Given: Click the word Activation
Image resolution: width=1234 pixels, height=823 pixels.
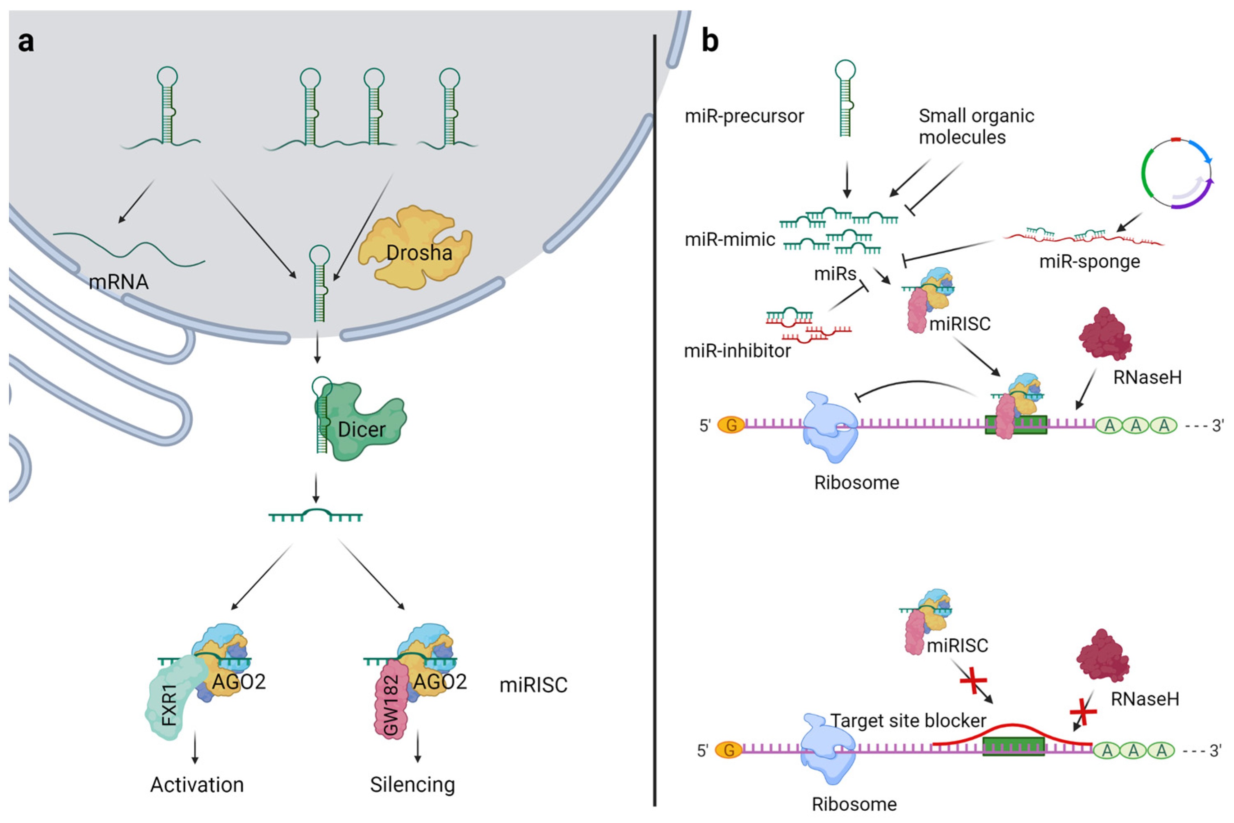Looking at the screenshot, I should click(197, 785).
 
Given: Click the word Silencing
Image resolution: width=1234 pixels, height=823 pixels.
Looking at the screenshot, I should click(412, 785).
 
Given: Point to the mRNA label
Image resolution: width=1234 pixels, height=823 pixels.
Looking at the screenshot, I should click(118, 282).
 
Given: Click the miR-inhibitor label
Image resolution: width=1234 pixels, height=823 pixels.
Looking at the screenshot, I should click(737, 350).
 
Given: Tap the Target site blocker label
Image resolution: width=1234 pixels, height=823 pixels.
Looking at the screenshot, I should click(908, 721).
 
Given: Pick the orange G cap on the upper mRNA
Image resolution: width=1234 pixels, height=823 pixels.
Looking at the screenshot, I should click(731, 425).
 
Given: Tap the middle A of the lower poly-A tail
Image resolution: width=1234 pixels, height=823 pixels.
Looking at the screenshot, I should click(1134, 750).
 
